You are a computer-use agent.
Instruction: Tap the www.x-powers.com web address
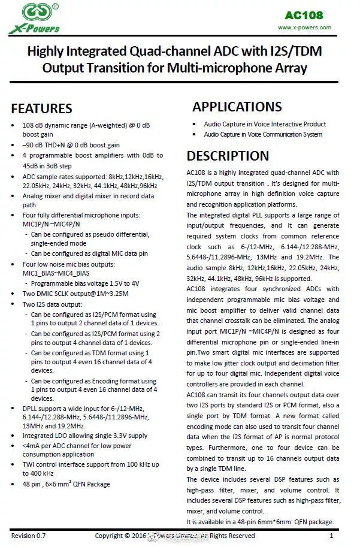[304, 28]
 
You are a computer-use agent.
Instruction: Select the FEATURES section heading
[42, 108]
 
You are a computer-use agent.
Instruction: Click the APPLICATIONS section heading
[237, 107]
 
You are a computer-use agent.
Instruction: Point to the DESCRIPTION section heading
[228, 156]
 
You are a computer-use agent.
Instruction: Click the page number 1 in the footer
[331, 536]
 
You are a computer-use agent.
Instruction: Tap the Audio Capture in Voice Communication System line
[263, 134]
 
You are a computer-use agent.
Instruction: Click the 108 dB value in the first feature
[33, 125]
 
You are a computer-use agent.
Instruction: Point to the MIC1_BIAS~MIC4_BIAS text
[60, 273]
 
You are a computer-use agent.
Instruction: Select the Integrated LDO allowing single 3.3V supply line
[84, 436]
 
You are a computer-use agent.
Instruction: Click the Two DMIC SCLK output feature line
[75, 294]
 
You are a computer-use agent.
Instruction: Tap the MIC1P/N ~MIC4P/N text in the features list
[56, 225]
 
